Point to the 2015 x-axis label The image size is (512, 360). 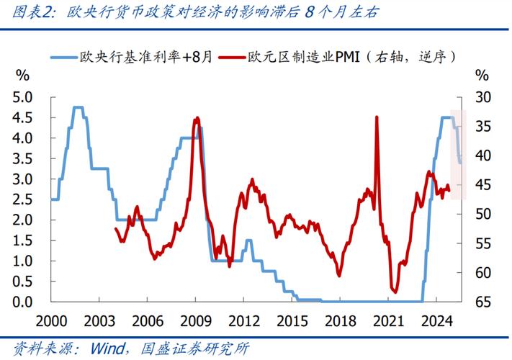pos(292,320)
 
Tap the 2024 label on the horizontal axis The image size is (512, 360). pos(436,320)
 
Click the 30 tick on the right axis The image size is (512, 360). pos(482,97)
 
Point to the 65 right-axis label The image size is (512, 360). pos(482,302)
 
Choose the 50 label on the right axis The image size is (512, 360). pos(482,214)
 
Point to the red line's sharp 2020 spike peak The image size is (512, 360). pos(376,117)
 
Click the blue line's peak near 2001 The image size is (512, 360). pos(78,107)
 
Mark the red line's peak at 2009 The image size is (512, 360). pos(197,117)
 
